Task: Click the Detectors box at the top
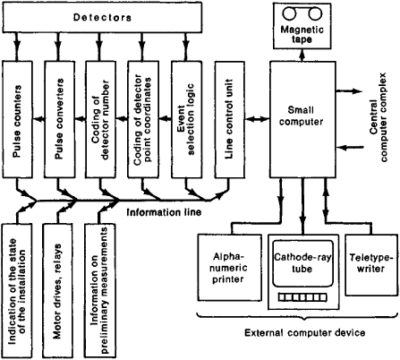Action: pos(102,17)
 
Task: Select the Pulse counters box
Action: pos(18,119)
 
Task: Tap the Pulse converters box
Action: pos(60,119)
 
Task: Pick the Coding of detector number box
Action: pos(100,119)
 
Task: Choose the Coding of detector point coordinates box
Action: pos(142,119)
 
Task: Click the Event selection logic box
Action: pos(186,119)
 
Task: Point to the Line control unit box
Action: pos(229,119)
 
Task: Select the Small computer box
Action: pos(303,119)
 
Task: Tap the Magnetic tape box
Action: pos(302,26)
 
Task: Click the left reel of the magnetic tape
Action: pos(289,14)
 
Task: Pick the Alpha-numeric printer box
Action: pos(230,268)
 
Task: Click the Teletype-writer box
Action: pos(371,264)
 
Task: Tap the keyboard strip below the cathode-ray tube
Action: pos(302,297)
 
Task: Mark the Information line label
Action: pos(164,212)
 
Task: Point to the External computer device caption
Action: pos(304,332)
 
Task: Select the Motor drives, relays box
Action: pos(57,291)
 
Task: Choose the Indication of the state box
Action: pos(17,291)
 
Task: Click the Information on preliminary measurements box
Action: pos(100,291)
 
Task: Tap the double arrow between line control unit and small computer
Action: pos(258,119)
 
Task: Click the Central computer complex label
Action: pos(379,117)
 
